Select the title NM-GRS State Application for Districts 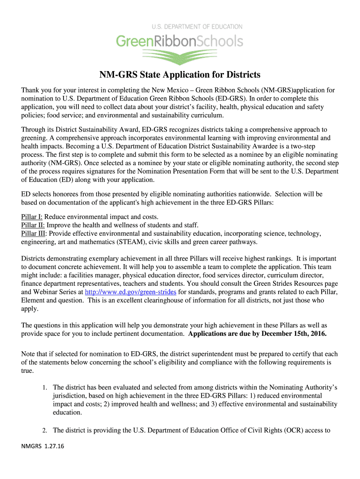pyautogui.click(x=180, y=75)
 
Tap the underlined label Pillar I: pyautogui.click(x=32, y=217)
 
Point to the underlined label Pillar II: pyautogui.click(x=33, y=225)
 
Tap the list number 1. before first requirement pyautogui.click(x=44, y=388)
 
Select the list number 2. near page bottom pyautogui.click(x=44, y=431)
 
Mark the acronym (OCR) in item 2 pyautogui.click(x=291, y=431)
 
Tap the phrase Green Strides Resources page pyautogui.click(x=288, y=283)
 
